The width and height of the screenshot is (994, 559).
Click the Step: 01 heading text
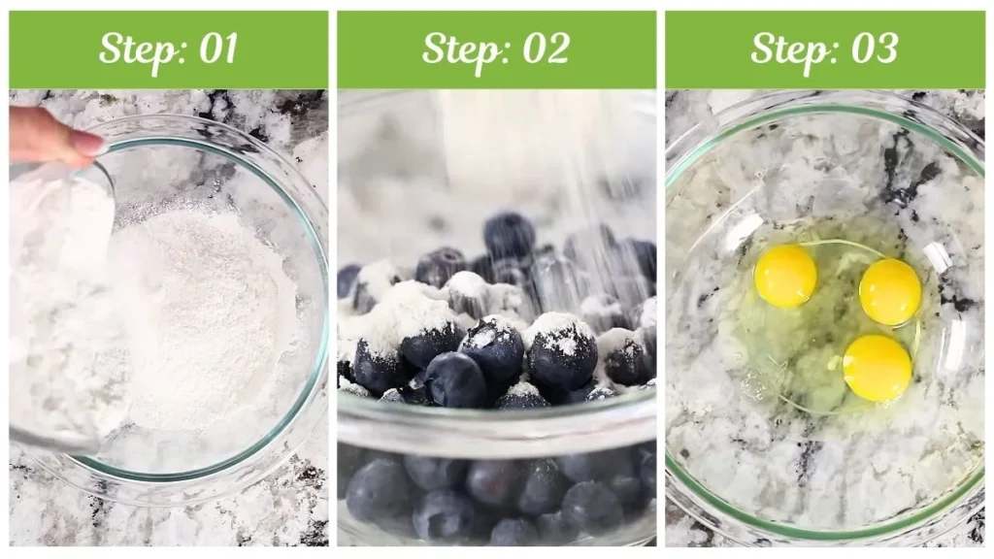[x=168, y=49]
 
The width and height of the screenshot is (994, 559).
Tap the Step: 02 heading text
[x=495, y=49]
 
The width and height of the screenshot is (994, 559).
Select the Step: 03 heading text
[x=824, y=49]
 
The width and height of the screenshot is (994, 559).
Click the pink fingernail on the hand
[x=87, y=144]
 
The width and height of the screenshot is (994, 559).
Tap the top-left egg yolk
[x=785, y=276]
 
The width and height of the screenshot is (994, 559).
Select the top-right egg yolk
[x=889, y=291]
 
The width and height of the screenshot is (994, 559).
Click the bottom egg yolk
[x=877, y=368]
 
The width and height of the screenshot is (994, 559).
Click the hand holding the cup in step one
[x=49, y=136]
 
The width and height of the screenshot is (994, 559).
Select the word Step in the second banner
[x=457, y=49]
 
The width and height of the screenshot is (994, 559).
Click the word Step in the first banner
[x=133, y=49]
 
